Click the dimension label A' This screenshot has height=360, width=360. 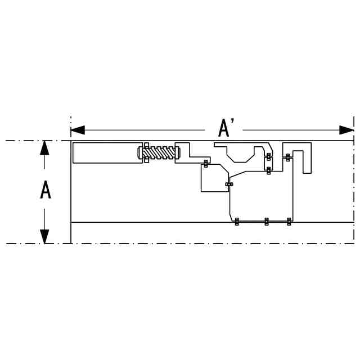tap(226, 129)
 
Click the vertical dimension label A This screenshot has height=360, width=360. tap(46, 190)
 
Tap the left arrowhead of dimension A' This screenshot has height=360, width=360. tap(78, 130)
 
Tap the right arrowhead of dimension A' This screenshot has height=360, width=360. tap(346, 130)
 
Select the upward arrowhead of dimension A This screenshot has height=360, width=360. tap(44, 147)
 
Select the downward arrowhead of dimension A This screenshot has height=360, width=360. tap(44, 236)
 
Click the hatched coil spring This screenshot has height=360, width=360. tap(159, 153)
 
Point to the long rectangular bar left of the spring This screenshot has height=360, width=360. tap(107, 152)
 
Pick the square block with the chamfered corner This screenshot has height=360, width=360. tap(215, 178)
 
